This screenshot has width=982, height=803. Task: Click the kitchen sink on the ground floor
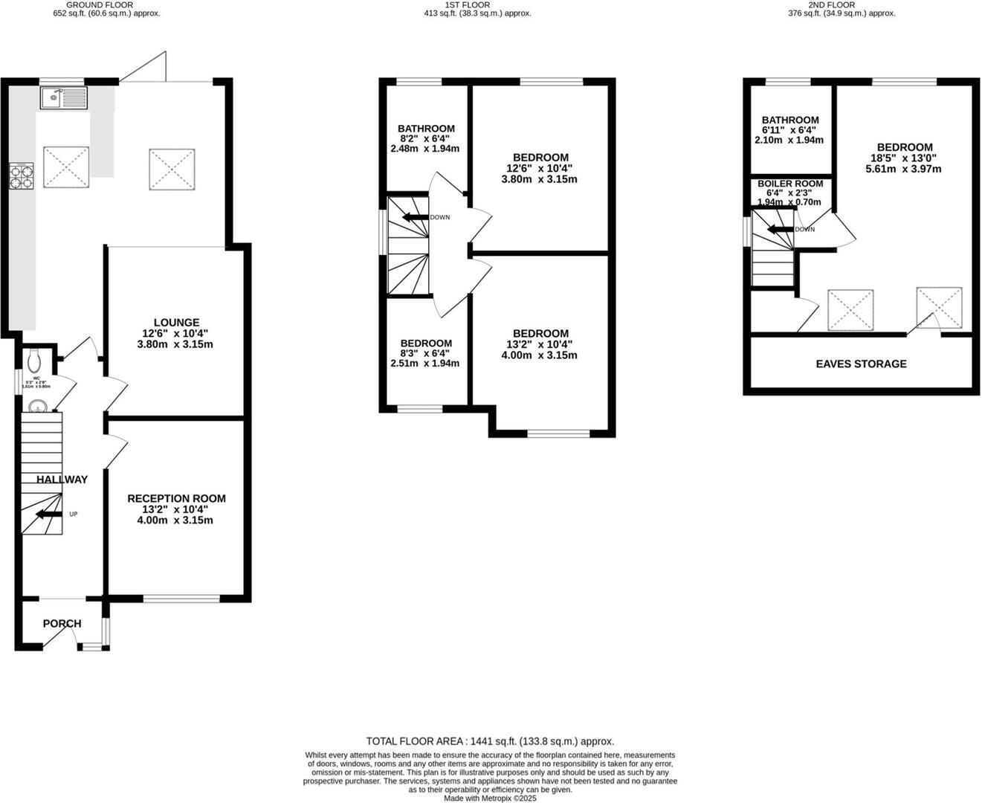pos(64,97)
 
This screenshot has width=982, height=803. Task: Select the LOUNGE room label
pos(176,323)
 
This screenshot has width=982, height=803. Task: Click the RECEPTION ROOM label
pos(176,498)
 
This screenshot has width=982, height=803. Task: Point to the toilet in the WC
pos(33,361)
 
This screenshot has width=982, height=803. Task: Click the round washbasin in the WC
pos(38,407)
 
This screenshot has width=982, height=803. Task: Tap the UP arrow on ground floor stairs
pos(49,514)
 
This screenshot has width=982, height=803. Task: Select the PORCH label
pos(62,624)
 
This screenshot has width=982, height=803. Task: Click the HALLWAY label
pos(62,480)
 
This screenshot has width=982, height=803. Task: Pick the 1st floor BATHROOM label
pos(426,129)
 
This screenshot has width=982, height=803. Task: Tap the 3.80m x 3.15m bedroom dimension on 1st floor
pos(540,179)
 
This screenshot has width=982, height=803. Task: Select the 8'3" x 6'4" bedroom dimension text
pos(426,354)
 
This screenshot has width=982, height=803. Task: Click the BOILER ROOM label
pos(790,184)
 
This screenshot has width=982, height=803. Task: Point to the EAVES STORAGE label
pos(861,364)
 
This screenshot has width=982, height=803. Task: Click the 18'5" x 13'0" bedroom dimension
pos(904,158)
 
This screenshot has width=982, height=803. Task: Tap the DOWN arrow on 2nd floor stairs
pos(780,230)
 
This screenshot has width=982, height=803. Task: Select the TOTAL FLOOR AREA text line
pos(490,741)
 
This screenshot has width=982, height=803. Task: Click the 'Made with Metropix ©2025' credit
pos(490,798)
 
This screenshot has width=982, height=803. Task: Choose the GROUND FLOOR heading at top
pos(100,4)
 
